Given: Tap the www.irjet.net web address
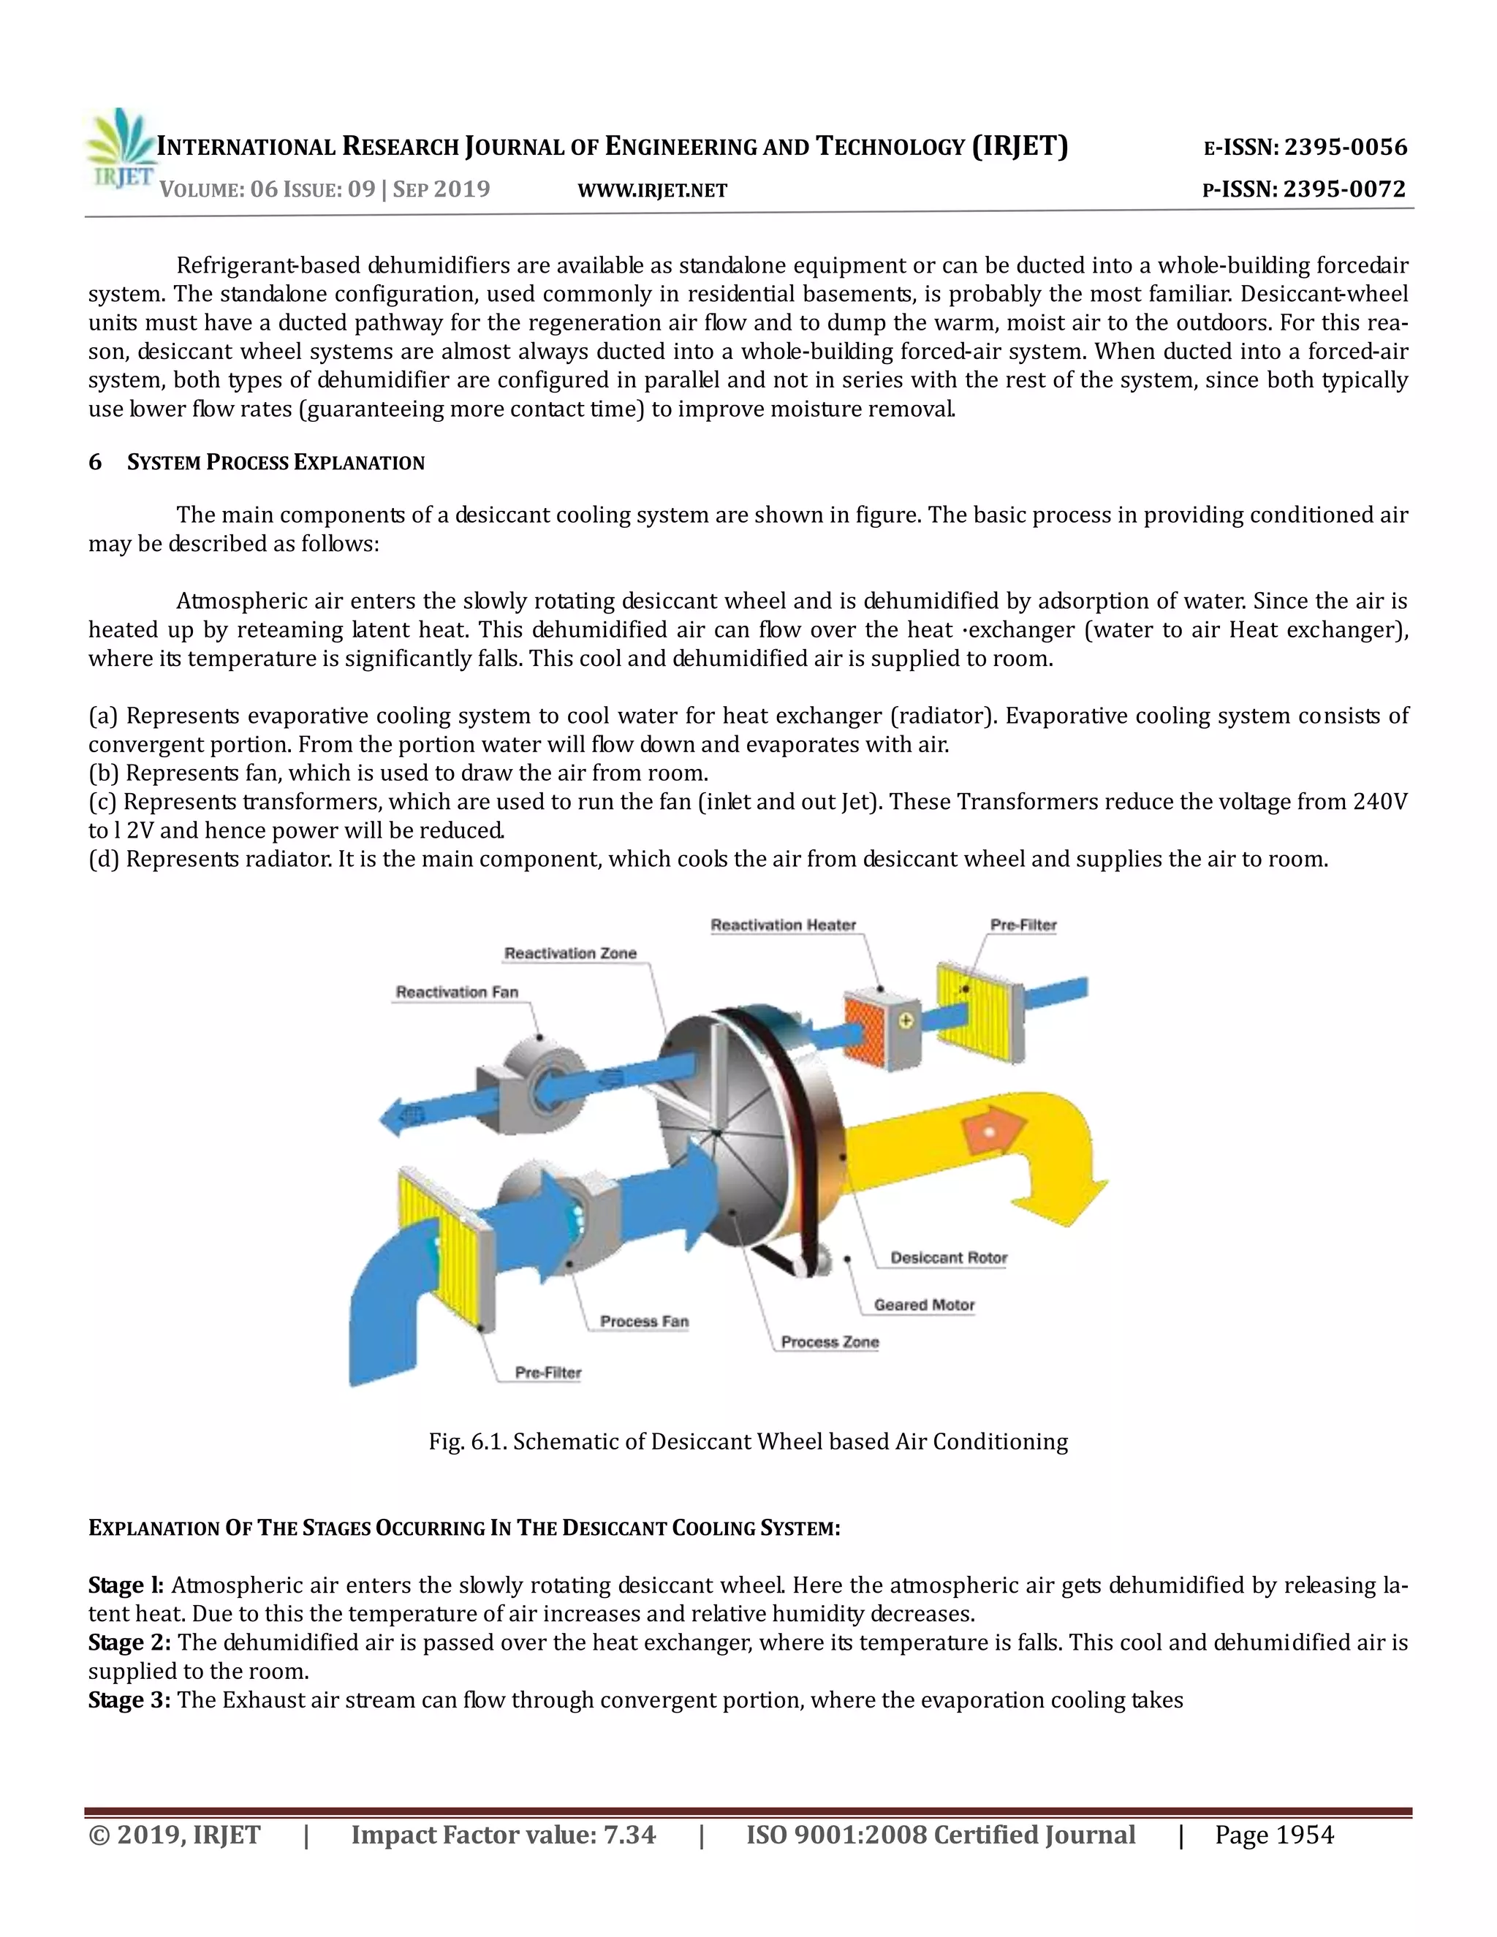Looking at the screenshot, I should [652, 191].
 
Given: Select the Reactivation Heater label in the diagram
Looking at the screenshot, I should [783, 925].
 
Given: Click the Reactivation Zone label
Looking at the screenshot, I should [570, 953].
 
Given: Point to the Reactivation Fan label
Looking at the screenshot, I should [457, 992].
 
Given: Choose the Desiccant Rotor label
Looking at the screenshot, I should [948, 1258].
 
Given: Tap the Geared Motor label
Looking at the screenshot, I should [923, 1305].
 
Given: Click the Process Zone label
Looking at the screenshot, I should [829, 1342].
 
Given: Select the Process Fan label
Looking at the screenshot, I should [644, 1321].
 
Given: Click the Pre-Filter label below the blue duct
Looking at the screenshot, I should [548, 1372].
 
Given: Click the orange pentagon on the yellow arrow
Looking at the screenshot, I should [991, 1131].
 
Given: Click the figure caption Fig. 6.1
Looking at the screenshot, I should [748, 1441].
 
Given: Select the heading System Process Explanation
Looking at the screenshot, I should [276, 462].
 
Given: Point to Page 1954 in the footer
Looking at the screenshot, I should [1273, 1834].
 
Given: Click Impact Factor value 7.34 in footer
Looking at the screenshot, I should [503, 1834].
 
